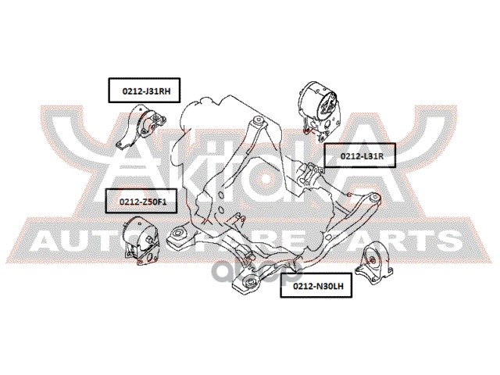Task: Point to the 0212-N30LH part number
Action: point(318,286)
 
